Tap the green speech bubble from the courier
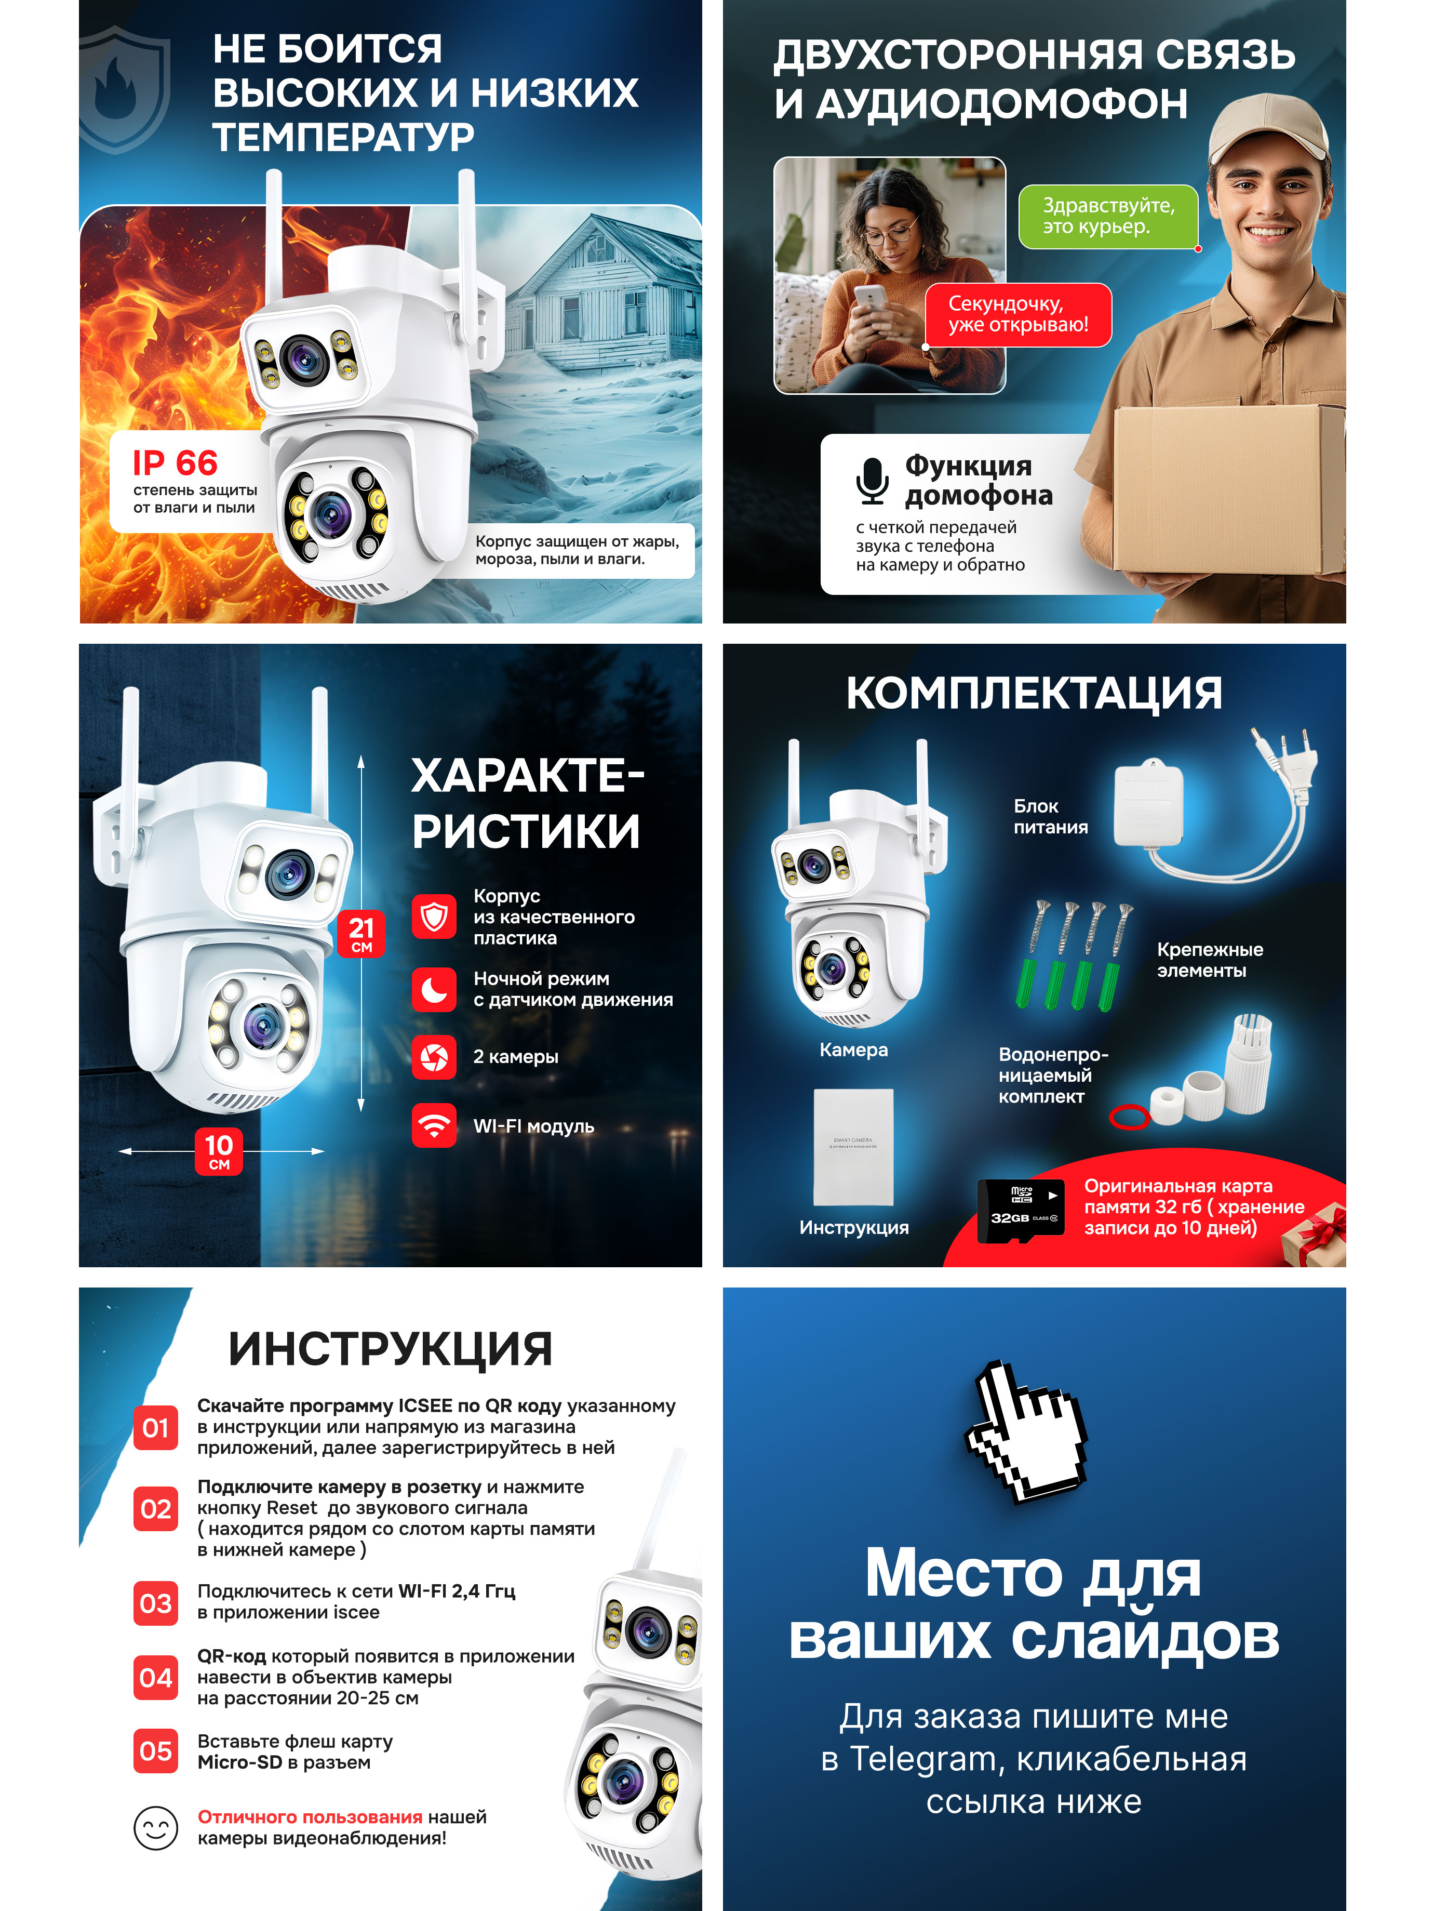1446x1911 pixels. click(x=1108, y=217)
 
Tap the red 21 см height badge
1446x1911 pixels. click(x=361, y=933)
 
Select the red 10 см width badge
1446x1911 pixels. click(x=219, y=1151)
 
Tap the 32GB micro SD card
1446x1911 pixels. click(x=1021, y=1211)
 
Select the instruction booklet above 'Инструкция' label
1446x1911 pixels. click(x=853, y=1146)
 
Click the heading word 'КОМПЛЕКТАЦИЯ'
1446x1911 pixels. click(x=1034, y=693)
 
